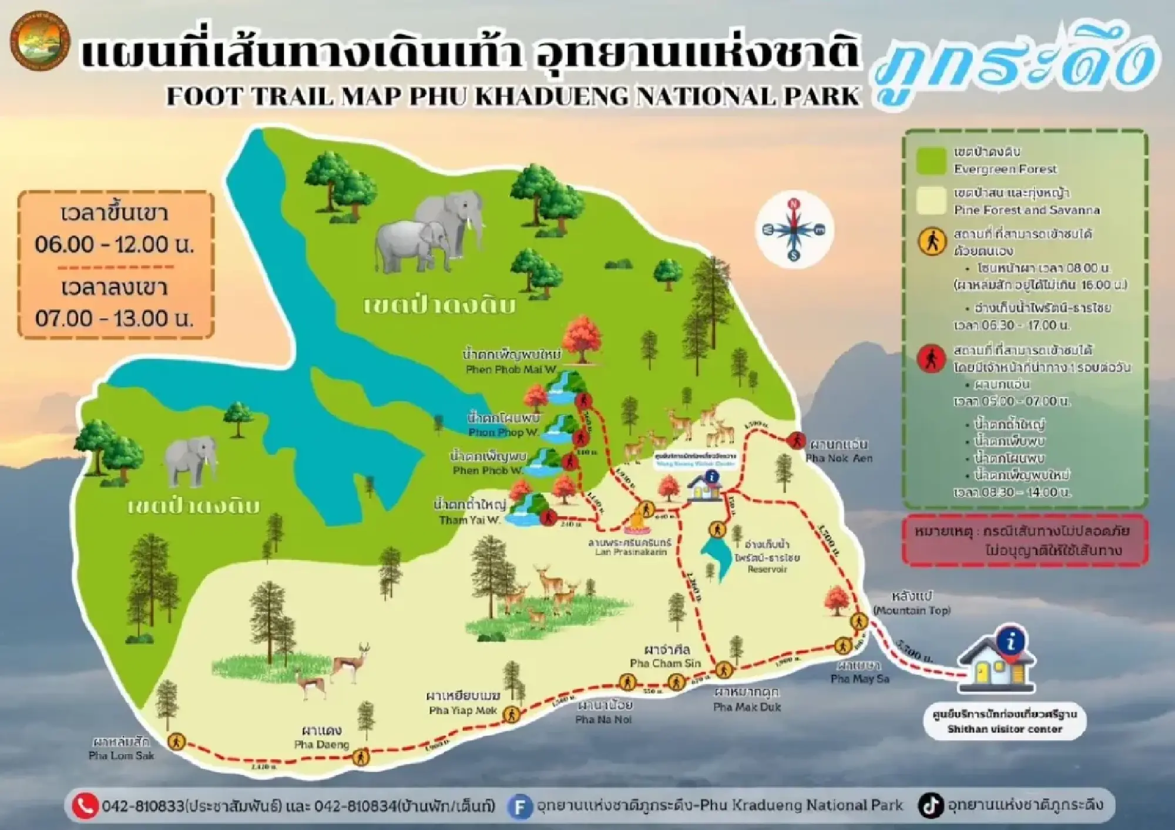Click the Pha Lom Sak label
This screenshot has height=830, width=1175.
point(121,749)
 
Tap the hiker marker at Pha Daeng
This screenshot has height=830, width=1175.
point(360,757)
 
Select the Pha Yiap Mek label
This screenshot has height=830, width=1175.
point(463,704)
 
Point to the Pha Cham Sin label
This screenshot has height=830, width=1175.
point(666,657)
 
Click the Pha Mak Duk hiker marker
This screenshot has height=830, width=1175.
point(723,670)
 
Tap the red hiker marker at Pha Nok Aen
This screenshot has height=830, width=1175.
point(796,440)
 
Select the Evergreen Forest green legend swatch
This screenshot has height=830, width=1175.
point(932,160)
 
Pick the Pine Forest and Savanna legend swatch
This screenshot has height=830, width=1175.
point(932,201)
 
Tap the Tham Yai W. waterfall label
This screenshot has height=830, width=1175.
point(469,512)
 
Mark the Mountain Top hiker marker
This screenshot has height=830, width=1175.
point(859,621)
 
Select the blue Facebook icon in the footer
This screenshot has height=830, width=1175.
point(519,807)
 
